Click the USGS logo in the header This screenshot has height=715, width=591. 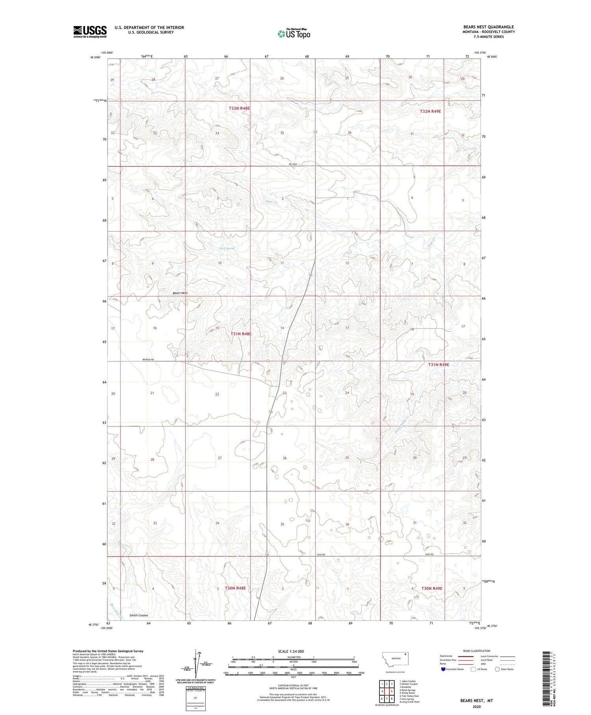[x=90, y=32]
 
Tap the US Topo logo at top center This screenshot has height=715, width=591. [x=294, y=34]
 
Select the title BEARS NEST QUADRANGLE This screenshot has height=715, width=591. [x=489, y=27]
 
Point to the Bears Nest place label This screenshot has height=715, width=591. [x=180, y=293]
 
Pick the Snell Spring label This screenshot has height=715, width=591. [x=227, y=248]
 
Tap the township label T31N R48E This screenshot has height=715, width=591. [x=241, y=334]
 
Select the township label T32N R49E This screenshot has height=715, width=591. [x=430, y=111]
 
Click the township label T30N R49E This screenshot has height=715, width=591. [x=432, y=588]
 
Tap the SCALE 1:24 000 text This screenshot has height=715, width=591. [x=293, y=651]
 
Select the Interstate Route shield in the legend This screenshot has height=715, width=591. [x=443, y=669]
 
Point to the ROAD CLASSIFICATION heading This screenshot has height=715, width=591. [x=477, y=651]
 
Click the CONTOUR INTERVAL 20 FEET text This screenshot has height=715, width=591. [x=293, y=686]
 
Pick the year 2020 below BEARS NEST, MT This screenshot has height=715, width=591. [x=476, y=707]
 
